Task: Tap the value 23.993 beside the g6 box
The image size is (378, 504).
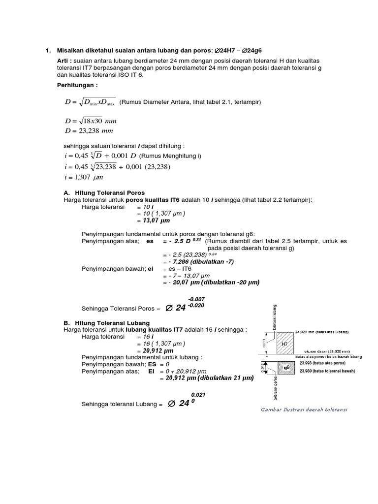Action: click(x=308, y=363)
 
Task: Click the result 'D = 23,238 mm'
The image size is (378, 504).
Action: click(x=89, y=131)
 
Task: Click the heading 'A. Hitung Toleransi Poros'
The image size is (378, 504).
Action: click(x=104, y=192)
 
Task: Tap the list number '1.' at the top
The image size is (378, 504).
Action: click(x=48, y=50)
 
